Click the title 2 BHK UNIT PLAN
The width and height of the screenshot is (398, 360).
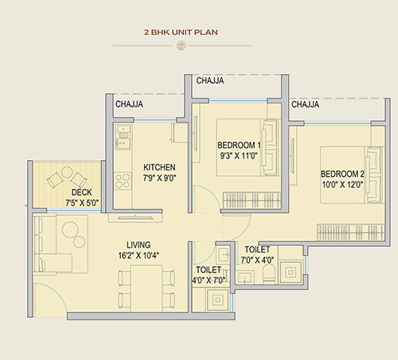[181, 33]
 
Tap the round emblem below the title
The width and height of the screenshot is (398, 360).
[181, 45]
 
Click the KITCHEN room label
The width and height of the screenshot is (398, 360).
[159, 167]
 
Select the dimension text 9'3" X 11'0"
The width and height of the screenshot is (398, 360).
[239, 155]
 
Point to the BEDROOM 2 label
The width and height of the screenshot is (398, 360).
[342, 174]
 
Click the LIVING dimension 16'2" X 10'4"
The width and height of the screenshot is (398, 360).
[139, 256]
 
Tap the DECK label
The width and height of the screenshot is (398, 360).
[82, 192]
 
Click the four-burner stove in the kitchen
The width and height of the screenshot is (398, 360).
[123, 181]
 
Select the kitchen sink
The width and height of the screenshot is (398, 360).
[123, 137]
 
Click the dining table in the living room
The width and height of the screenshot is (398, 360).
[146, 288]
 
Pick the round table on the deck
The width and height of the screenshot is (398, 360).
[67, 172]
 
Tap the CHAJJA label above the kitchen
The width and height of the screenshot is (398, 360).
[129, 104]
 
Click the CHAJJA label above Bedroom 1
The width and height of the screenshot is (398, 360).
[210, 80]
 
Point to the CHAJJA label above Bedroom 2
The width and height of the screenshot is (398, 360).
[305, 104]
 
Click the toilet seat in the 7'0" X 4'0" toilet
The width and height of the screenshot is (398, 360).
[268, 274]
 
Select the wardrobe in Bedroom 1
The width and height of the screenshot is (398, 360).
[252, 200]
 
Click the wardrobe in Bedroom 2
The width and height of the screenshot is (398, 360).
[351, 233]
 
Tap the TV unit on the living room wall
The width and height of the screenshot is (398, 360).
[135, 217]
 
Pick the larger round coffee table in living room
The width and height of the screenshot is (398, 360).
[70, 229]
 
